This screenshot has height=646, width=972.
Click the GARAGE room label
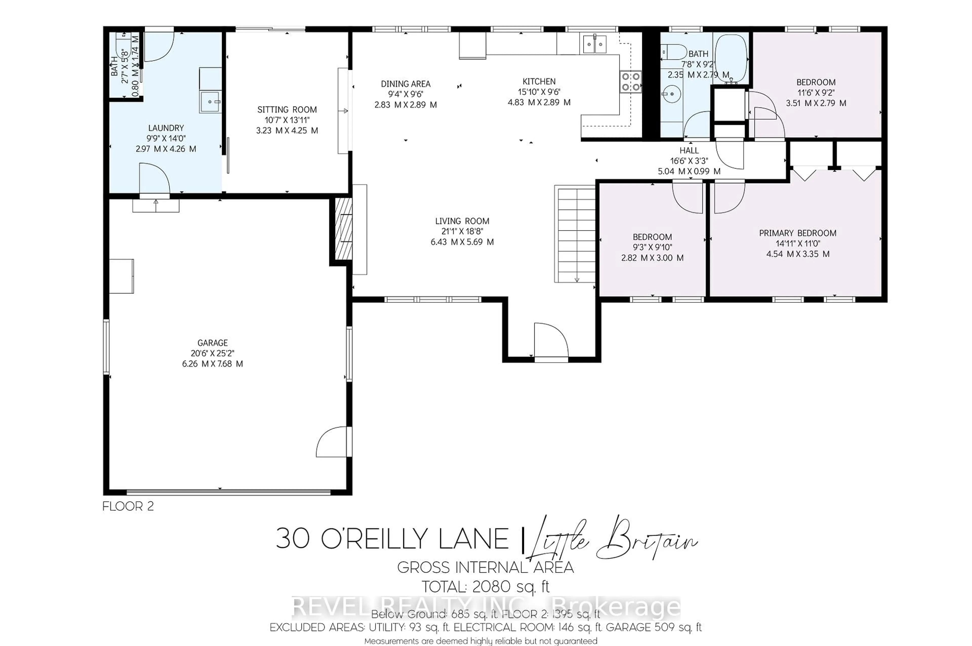(x=212, y=343)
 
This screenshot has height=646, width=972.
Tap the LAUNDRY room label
(x=166, y=128)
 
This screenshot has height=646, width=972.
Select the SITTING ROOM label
(x=287, y=110)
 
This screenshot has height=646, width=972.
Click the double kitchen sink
(x=594, y=44)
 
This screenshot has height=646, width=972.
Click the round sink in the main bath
(x=671, y=94)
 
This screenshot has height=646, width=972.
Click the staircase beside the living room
(x=575, y=235)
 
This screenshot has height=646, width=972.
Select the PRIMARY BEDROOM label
(x=798, y=233)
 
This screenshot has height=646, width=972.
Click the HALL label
(x=689, y=151)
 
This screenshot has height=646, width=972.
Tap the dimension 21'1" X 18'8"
(x=462, y=231)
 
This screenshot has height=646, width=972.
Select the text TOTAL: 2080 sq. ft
(x=485, y=586)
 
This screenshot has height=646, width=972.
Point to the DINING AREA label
(x=406, y=84)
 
